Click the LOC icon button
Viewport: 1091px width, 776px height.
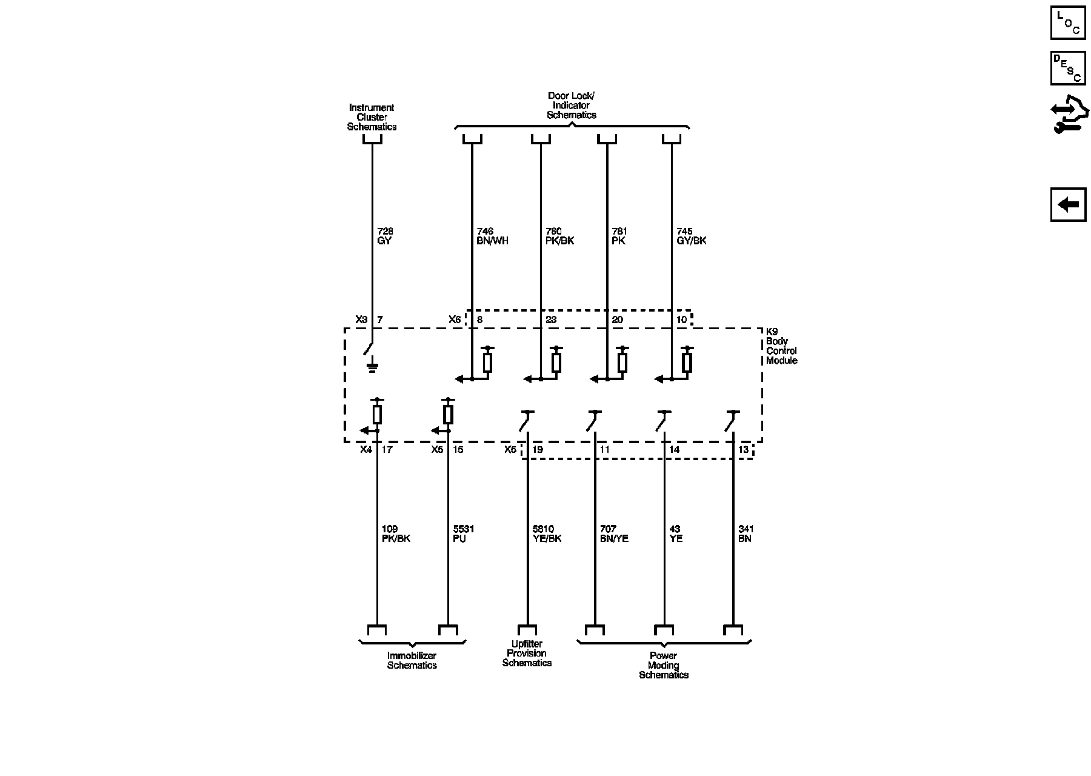(1067, 23)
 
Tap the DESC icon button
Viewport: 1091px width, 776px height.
(1067, 68)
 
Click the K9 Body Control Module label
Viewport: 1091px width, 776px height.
(781, 346)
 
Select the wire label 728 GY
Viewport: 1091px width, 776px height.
(385, 236)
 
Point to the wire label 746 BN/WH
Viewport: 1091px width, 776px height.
(492, 236)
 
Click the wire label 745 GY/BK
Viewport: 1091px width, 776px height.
(691, 236)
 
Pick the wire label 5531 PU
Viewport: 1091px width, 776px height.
(464, 533)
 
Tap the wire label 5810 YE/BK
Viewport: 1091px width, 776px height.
(546, 533)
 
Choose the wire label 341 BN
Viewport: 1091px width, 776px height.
(746, 533)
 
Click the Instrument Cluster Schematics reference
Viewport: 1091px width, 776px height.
(372, 117)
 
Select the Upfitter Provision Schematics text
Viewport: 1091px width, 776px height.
(527, 654)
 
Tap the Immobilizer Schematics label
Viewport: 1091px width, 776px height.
(412, 660)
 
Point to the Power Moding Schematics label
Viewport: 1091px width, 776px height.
(663, 665)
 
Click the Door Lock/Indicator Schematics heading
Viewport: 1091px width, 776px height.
(571, 105)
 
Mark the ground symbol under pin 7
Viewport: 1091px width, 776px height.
(372, 366)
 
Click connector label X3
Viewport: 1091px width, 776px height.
(361, 319)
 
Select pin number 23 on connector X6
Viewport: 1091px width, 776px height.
(551, 319)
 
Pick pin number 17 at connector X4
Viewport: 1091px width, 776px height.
(387, 450)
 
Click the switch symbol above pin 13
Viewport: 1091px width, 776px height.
(732, 420)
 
